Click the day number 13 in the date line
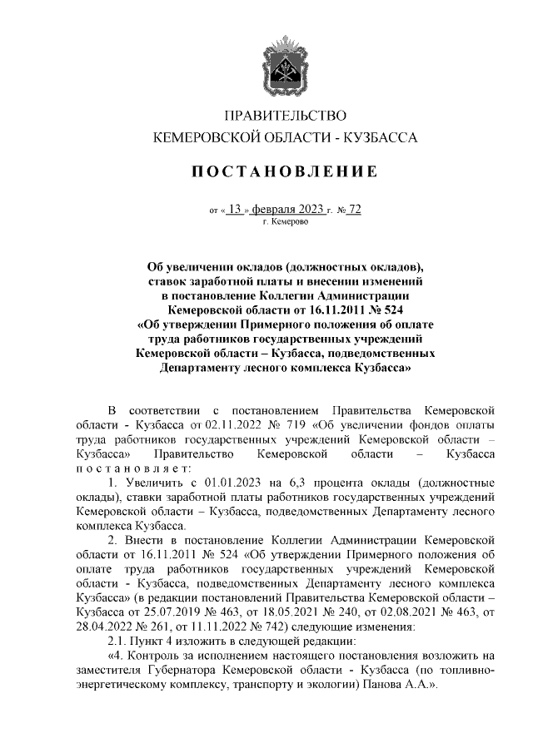click(235, 210)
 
